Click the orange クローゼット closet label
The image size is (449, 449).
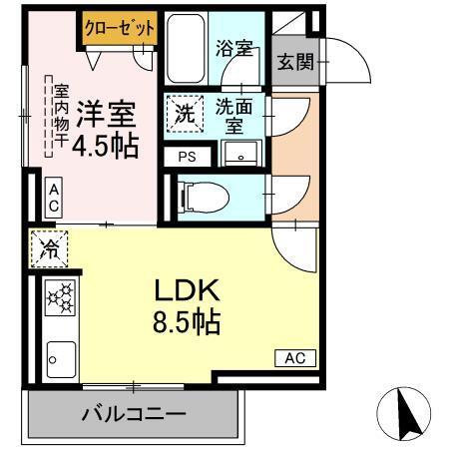click(120, 29)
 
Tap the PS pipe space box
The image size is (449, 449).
click(187, 156)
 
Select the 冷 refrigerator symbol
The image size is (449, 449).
click(47, 249)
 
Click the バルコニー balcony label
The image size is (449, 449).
click(134, 411)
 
